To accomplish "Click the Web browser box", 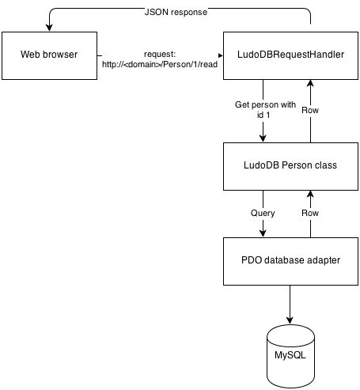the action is (49, 55).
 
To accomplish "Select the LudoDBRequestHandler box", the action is (290, 55).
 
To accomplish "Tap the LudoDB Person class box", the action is (290, 166).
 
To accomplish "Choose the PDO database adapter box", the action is (290, 261).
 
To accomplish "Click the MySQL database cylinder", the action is (290, 356).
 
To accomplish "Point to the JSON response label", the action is (176, 12).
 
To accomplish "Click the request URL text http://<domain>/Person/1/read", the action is (160, 64).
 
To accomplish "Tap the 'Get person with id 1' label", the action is (265, 109).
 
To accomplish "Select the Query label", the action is (263, 213).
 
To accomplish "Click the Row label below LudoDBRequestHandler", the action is (310, 110).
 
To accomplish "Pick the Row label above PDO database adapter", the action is (310, 213).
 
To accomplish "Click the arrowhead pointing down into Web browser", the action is (49, 28).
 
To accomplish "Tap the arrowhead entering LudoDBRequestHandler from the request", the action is (221, 55).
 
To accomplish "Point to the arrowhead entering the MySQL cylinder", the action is (290, 320).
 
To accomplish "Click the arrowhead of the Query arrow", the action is (263, 233).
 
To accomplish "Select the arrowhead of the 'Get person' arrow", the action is (263, 138).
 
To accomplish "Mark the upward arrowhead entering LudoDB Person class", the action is (310, 195).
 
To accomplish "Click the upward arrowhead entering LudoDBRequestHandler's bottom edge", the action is (310, 84).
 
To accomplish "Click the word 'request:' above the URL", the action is (160, 55).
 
